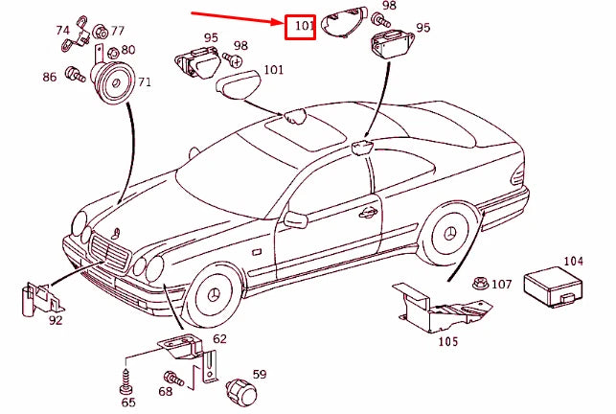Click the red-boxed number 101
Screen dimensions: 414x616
point(302,26)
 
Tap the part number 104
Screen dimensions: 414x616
point(573,261)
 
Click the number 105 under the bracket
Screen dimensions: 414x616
point(447,340)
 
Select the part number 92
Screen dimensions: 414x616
point(56,320)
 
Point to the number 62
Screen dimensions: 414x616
point(219,338)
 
